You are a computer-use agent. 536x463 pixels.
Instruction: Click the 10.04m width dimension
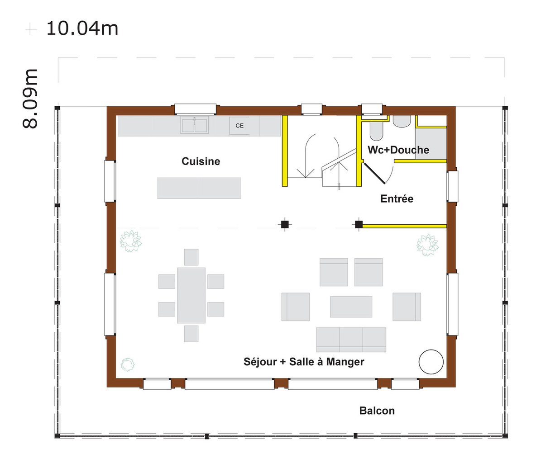82,28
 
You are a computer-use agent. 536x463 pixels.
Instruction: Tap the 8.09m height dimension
30,99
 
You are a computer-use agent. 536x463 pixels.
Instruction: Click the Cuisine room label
201,161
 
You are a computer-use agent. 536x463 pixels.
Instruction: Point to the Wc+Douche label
398,150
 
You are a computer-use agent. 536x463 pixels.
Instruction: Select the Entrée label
397,199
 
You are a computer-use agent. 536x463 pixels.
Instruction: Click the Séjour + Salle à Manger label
304,362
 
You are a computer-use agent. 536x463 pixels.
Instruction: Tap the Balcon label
377,411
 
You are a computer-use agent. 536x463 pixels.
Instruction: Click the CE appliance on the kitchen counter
239,126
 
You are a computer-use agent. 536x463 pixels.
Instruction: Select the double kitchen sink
195,125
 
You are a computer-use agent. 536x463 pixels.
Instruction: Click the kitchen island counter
199,188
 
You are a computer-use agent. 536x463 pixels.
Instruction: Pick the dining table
191,295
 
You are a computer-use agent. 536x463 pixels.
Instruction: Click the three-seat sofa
351,340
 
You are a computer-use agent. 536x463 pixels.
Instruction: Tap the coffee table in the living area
351,307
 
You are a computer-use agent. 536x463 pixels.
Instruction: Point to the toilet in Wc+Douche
376,131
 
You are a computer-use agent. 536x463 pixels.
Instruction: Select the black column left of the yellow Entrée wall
359,224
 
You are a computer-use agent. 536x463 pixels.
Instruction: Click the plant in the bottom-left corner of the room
128,364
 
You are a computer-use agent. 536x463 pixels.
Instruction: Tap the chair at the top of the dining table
191,257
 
